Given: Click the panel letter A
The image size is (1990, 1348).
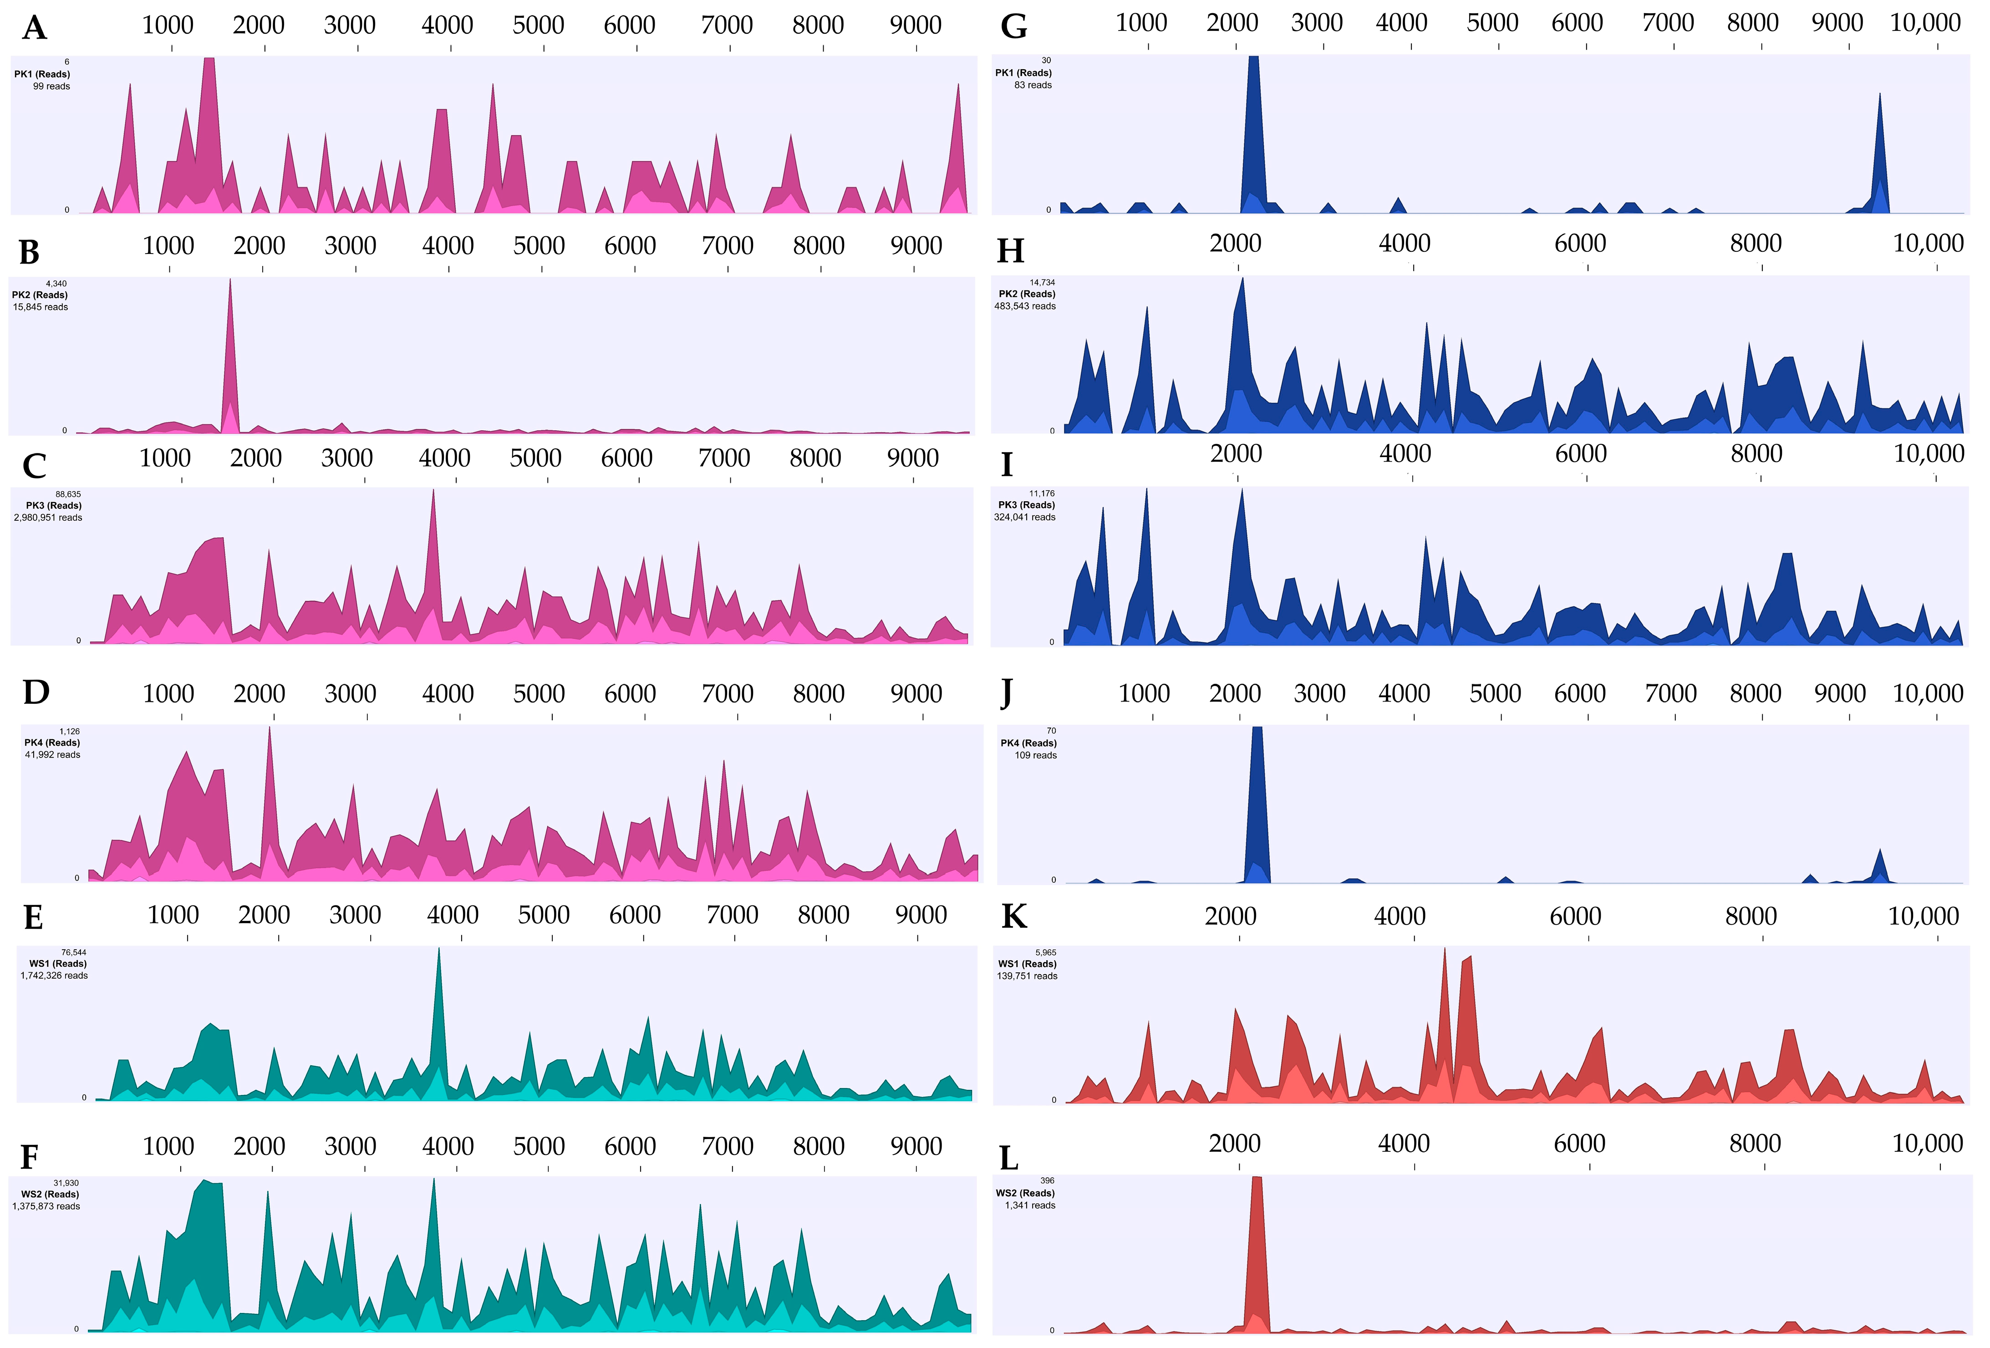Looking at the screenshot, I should pos(34,28).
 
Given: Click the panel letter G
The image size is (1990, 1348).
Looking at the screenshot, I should pos(1014,26).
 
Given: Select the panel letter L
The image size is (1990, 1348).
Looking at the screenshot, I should pos(1009,1159).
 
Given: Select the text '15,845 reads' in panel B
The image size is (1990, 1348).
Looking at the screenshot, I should pos(40,306).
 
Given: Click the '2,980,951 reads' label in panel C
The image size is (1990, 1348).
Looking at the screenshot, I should pos(48,517).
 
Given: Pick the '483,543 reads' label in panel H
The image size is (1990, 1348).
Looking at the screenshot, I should pos(1025,306).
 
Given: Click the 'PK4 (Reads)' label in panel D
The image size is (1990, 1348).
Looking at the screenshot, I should pos(52,743).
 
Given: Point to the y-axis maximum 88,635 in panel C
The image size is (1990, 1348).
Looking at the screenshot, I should pos(68,494).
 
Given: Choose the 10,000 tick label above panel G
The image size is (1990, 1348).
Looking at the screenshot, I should pos(1925,23).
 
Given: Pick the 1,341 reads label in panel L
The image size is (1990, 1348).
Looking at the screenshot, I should pos(1030,1205).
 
